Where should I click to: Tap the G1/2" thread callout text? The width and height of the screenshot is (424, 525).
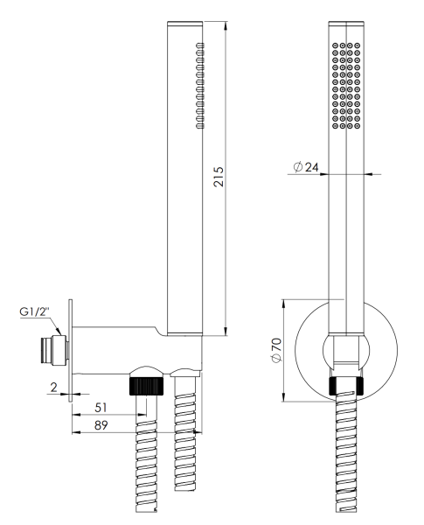pos(36,311)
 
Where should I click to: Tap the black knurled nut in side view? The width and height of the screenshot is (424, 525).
pos(144,385)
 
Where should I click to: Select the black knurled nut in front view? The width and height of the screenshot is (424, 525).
pos(347,385)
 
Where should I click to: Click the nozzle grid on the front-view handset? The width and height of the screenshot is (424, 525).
pos(346,85)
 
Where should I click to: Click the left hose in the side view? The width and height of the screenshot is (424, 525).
pos(144,455)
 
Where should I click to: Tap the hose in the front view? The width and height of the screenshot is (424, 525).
pos(347,455)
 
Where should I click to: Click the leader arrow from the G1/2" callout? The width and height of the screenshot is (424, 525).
pos(58,331)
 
